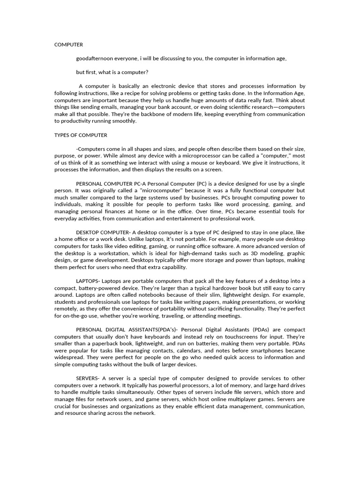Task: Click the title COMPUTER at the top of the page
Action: point(68,45)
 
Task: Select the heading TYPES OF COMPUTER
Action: point(81,135)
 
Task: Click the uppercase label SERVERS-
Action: point(88,378)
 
